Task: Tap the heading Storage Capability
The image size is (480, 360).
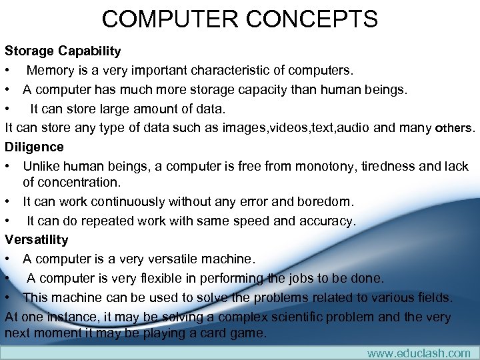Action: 63,51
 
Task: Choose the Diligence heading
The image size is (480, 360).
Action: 34,147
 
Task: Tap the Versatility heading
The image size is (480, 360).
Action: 37,239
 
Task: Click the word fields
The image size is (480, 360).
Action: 434,297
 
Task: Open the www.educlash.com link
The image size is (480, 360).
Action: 419,353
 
